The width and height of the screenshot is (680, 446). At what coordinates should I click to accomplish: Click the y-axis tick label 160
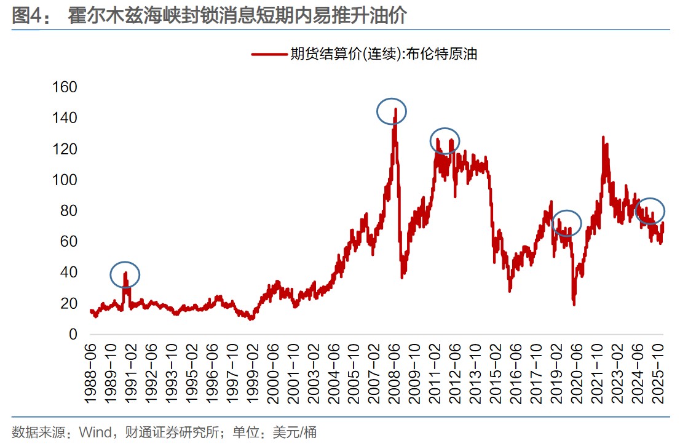pos(64,87)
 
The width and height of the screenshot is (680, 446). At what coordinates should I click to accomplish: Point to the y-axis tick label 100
pos(64,180)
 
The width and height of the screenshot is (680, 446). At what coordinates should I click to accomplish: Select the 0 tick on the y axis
pos(73,335)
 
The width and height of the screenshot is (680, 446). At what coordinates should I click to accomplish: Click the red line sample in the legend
pos(269,54)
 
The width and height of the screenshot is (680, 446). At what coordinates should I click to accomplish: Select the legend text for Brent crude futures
pos(384,54)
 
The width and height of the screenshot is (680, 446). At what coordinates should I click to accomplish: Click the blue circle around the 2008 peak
pos(392,111)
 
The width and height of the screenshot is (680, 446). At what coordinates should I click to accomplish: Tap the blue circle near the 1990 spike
pos(125,274)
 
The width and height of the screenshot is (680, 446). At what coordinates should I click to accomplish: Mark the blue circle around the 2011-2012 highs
pos(445,141)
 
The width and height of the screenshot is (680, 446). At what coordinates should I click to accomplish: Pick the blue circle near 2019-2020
pos(566,223)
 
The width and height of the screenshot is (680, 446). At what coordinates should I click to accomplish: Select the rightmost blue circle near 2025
pos(650,211)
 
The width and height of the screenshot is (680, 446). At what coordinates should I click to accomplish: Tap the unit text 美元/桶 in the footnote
pos(295,432)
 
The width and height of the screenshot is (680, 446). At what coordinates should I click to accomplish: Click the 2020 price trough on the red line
pos(574,303)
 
